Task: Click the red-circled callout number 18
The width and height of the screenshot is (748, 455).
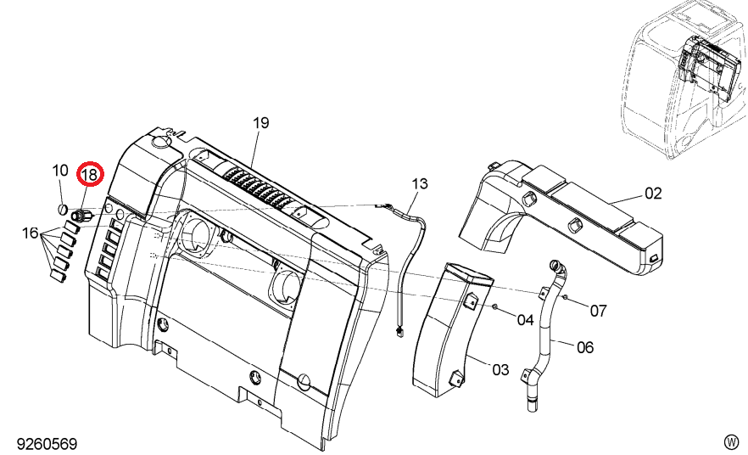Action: pos(89,175)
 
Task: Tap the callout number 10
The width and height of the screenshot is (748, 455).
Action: pos(60,171)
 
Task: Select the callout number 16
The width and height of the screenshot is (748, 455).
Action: pos(30,233)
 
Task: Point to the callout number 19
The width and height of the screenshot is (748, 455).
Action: pos(261,123)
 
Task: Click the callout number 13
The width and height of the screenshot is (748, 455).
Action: pos(420,183)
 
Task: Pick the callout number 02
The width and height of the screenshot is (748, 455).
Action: pos(653,194)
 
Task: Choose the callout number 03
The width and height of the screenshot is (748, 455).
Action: pos(500,369)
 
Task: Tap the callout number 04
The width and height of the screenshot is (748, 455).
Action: pos(525,320)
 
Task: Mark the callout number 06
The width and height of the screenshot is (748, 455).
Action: pos(585,347)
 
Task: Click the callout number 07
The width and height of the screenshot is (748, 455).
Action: pos(598,311)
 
